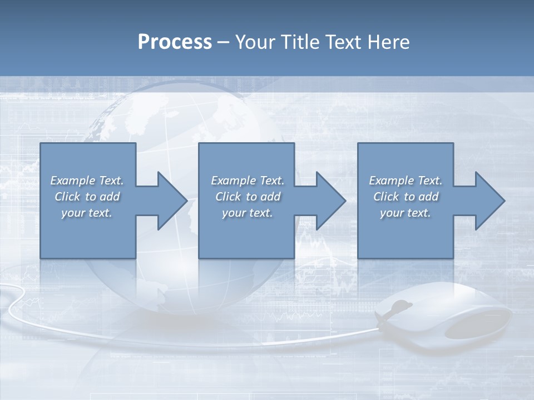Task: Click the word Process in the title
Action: point(175,42)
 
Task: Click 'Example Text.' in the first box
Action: point(87,181)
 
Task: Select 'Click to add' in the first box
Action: point(87,197)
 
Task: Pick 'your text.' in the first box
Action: point(87,213)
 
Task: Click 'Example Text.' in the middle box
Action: point(248,181)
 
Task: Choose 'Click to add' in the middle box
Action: point(248,197)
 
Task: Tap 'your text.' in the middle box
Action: point(248,213)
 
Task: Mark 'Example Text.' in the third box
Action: point(406,181)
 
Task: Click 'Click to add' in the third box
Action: point(406,197)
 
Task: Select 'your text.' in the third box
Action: point(406,213)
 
